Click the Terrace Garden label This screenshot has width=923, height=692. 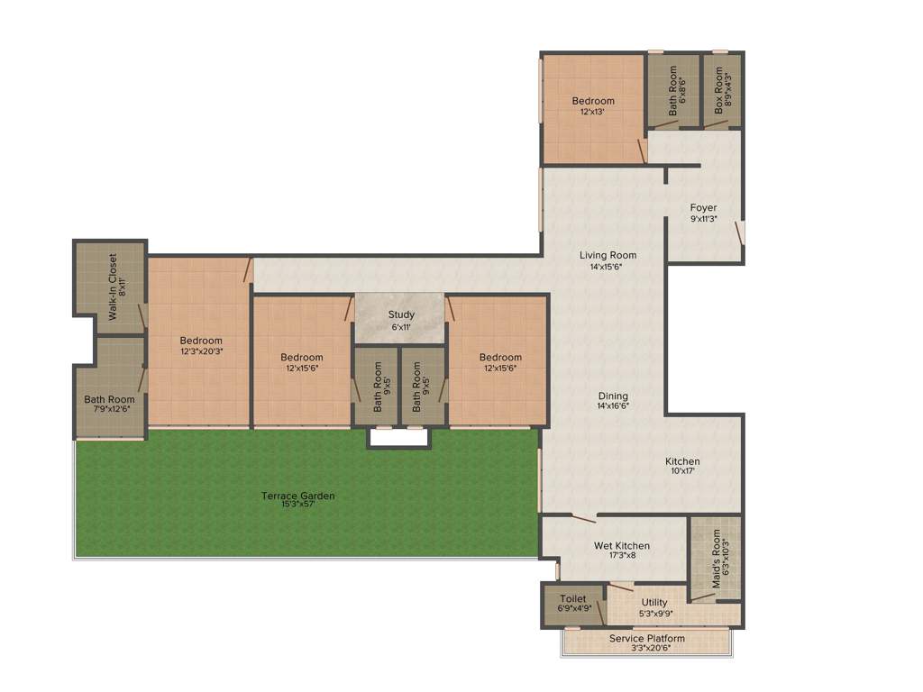pyautogui.click(x=297, y=496)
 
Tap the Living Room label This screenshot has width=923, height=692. pyautogui.click(x=608, y=255)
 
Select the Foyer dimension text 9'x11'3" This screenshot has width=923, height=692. pyautogui.click(x=703, y=218)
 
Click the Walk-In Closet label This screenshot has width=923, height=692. pyautogui.click(x=114, y=287)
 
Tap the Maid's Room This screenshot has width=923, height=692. pyautogui.click(x=717, y=559)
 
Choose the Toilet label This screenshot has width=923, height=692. pyautogui.click(x=572, y=598)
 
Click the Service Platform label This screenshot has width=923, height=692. pyautogui.click(x=646, y=639)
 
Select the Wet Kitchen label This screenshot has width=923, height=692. pyautogui.click(x=621, y=545)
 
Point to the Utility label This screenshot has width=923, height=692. pyautogui.click(x=654, y=603)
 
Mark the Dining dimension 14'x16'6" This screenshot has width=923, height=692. pyautogui.click(x=613, y=406)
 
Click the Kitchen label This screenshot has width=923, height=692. pyautogui.click(x=682, y=461)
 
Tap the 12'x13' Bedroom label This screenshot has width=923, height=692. pyautogui.click(x=593, y=101)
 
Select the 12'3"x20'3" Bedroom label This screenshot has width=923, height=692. pyautogui.click(x=201, y=341)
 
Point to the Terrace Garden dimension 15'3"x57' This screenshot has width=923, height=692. pyautogui.click(x=297, y=505)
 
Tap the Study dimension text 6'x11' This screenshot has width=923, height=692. pyautogui.click(x=401, y=326)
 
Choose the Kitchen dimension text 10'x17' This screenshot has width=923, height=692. pyautogui.click(x=682, y=471)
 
